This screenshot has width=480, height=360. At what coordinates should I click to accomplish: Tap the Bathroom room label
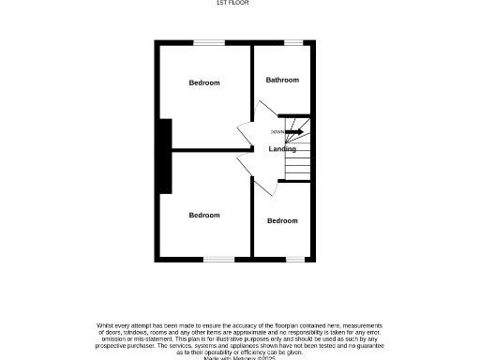click(282, 80)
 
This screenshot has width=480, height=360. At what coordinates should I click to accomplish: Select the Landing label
click(282, 149)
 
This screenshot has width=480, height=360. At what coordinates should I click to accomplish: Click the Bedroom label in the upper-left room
click(204, 82)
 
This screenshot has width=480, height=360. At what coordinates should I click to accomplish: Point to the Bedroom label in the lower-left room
click(204, 215)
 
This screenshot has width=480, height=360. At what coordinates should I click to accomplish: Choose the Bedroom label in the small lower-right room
click(282, 220)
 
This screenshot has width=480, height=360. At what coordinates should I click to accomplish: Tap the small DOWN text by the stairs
click(277, 131)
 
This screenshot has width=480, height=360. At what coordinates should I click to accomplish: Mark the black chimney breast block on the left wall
click(165, 156)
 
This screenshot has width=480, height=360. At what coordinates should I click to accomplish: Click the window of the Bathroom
click(293, 42)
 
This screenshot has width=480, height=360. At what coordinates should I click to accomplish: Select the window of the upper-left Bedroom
click(209, 42)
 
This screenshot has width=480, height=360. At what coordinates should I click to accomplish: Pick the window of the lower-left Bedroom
click(218, 260)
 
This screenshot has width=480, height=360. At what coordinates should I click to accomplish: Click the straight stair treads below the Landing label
click(297, 167)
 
